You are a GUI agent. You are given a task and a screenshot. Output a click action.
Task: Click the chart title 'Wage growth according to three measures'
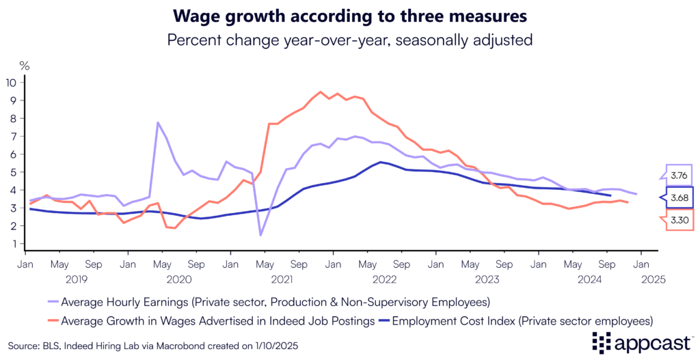tap(349, 15)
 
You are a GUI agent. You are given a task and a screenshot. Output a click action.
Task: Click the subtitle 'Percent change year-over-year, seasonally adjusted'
tap(349, 40)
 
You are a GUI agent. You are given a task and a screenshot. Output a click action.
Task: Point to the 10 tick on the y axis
tap(14, 83)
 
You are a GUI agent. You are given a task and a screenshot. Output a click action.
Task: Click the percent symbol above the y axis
tap(25, 66)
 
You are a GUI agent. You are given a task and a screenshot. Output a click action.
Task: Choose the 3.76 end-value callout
tap(679, 175)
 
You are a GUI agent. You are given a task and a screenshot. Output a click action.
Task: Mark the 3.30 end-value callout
tap(679, 220)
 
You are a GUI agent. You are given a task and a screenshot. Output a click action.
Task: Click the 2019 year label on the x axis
tap(77, 279)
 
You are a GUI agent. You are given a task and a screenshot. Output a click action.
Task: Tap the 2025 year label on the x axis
tap(653, 279)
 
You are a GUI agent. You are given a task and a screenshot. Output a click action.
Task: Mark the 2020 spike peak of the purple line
tap(158, 123)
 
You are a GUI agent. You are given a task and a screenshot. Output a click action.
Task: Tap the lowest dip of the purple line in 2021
tap(261, 235)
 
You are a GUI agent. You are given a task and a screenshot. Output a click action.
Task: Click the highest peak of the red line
tap(320, 92)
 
